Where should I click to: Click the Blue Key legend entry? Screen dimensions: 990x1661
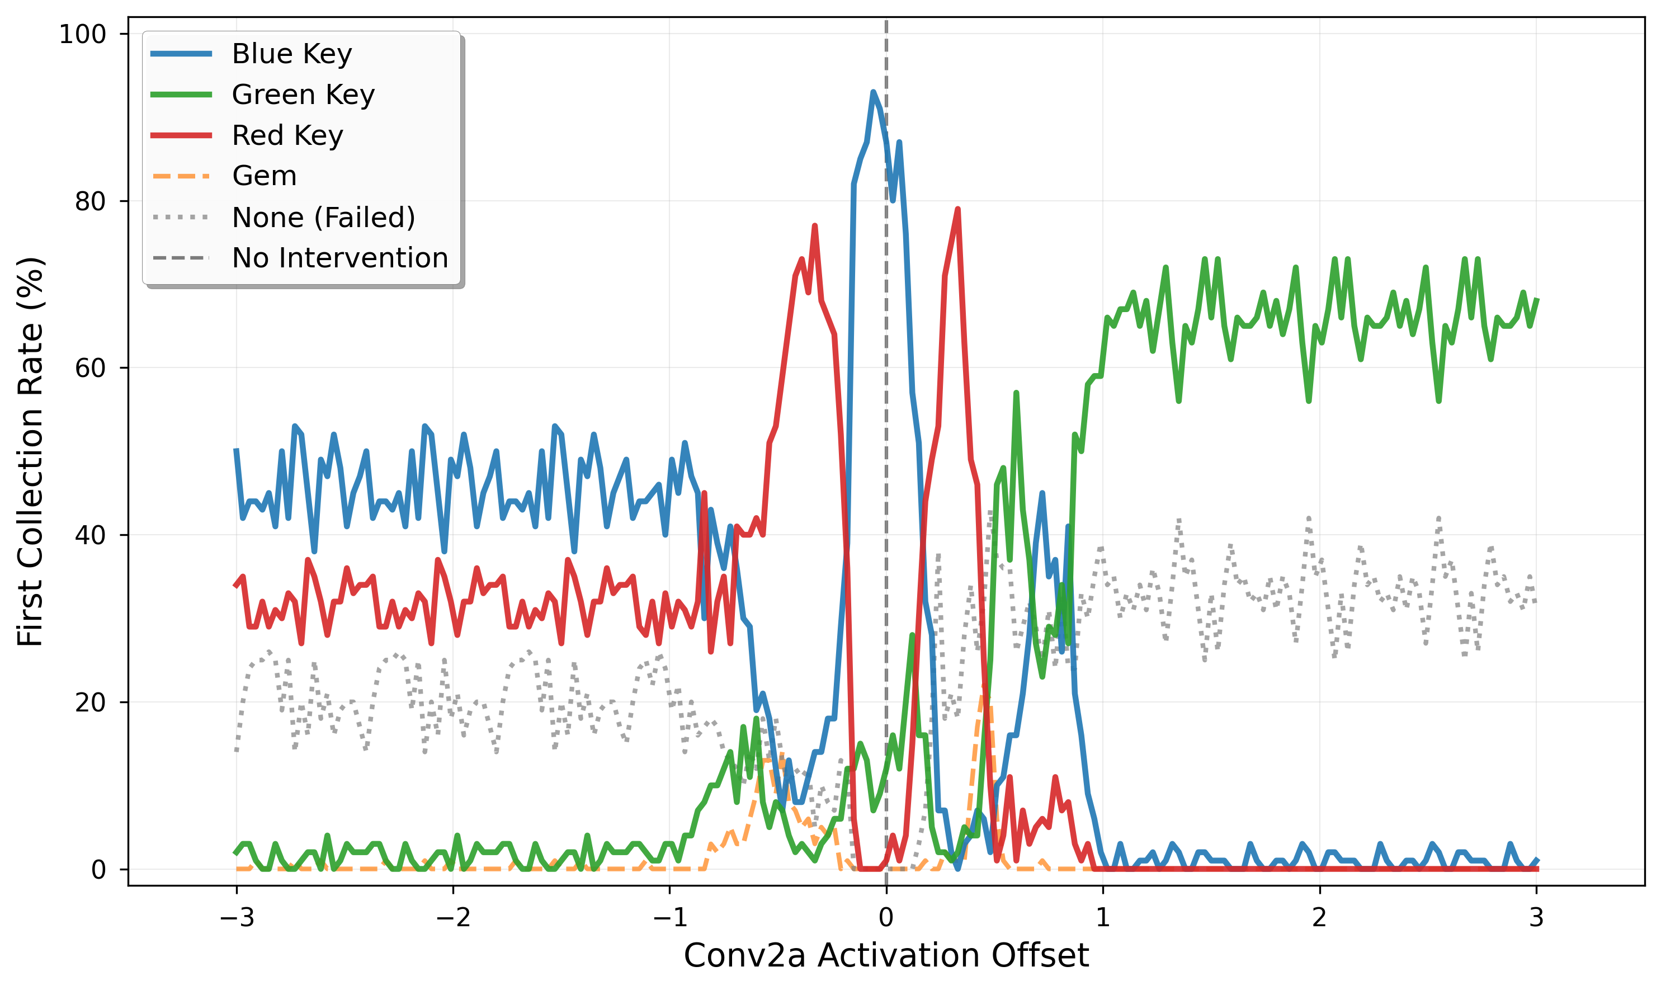pyautogui.click(x=291, y=54)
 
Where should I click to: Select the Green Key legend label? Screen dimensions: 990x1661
pyautogui.click(x=303, y=95)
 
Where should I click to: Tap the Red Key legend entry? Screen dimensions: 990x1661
pyautogui.click(x=287, y=135)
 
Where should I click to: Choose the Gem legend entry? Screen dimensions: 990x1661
pyautogui.click(x=264, y=176)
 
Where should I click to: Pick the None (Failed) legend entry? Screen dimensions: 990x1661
pyautogui.click(x=323, y=218)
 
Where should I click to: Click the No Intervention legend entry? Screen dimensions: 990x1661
pyautogui.click(x=339, y=258)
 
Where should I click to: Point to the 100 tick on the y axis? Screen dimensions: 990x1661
pyautogui.click(x=83, y=34)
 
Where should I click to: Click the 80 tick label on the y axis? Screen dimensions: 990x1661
pyautogui.click(x=90, y=201)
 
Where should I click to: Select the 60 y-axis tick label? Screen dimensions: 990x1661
pyautogui.click(x=90, y=368)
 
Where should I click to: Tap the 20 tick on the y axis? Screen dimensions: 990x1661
pyautogui.click(x=90, y=703)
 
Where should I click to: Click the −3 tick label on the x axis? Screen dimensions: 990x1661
pyautogui.click(x=237, y=918)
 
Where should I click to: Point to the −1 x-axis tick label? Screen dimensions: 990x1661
pyautogui.click(x=670, y=918)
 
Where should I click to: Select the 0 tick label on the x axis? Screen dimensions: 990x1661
pyautogui.click(x=886, y=918)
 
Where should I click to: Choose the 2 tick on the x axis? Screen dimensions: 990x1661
pyautogui.click(x=1319, y=918)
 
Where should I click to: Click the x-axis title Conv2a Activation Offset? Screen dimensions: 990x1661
pyautogui.click(x=886, y=956)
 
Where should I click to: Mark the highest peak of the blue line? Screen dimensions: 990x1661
pyautogui.click(x=873, y=92)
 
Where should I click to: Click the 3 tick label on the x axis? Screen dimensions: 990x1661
pyautogui.click(x=1536, y=918)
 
